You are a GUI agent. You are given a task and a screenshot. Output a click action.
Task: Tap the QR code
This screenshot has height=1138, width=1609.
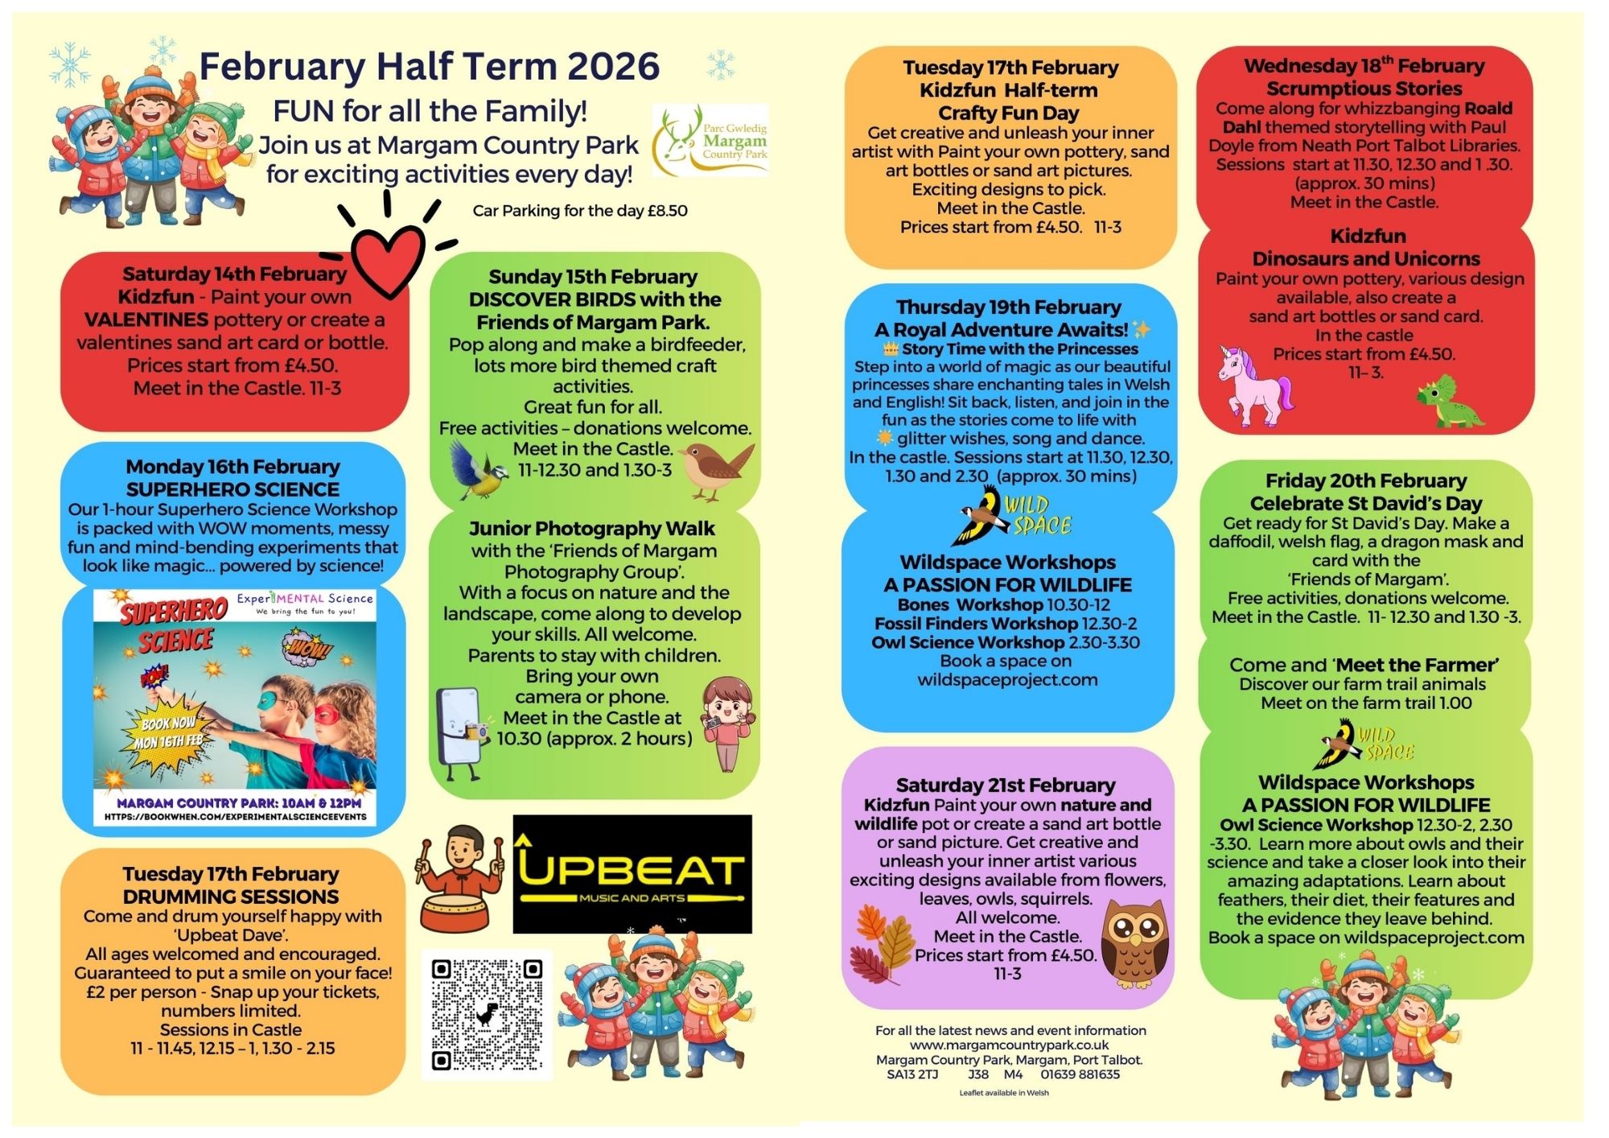click(487, 1014)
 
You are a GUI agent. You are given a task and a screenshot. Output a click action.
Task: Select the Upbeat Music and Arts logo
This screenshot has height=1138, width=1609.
click(632, 874)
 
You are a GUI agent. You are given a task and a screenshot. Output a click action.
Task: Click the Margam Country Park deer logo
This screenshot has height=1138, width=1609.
click(710, 140)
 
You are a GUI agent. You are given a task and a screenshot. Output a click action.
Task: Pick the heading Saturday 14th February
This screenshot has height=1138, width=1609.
click(234, 274)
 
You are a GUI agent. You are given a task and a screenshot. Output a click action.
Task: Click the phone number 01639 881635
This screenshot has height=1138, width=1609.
click(1080, 1074)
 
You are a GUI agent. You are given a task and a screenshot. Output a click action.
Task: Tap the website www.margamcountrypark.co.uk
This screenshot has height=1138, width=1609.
click(1010, 1045)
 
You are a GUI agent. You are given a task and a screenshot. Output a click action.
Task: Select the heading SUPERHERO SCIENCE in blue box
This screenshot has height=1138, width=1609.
click(233, 489)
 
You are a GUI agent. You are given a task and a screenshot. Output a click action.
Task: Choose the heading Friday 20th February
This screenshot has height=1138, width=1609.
click(1365, 481)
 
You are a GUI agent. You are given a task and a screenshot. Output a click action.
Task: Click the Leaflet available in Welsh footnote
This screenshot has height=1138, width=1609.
click(1003, 1093)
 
